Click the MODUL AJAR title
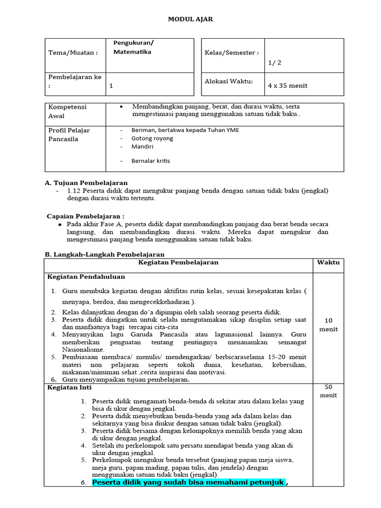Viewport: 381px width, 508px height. coord(190,19)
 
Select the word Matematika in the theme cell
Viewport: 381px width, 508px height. coord(132,52)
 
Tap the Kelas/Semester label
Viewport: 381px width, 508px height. coord(232,53)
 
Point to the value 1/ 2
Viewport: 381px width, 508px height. coord(275,63)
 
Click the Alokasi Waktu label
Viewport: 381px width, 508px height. coord(229,81)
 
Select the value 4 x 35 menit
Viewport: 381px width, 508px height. coord(288,85)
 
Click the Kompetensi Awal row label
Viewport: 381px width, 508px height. coord(67,111)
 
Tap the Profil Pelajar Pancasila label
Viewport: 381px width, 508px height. coord(69,134)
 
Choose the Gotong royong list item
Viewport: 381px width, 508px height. coord(152,138)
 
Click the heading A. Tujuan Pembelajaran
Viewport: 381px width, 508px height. coord(86,183)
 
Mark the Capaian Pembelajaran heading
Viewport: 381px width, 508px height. coord(85,216)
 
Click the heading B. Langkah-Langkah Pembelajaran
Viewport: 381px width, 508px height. coord(105,254)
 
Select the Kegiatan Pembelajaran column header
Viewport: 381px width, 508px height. coord(178,262)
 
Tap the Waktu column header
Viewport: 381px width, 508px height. coord(328,262)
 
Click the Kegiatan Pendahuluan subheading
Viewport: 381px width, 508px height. coord(86,276)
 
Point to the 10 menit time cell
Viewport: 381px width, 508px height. coord(328,324)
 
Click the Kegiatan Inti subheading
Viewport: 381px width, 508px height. coord(69,387)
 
